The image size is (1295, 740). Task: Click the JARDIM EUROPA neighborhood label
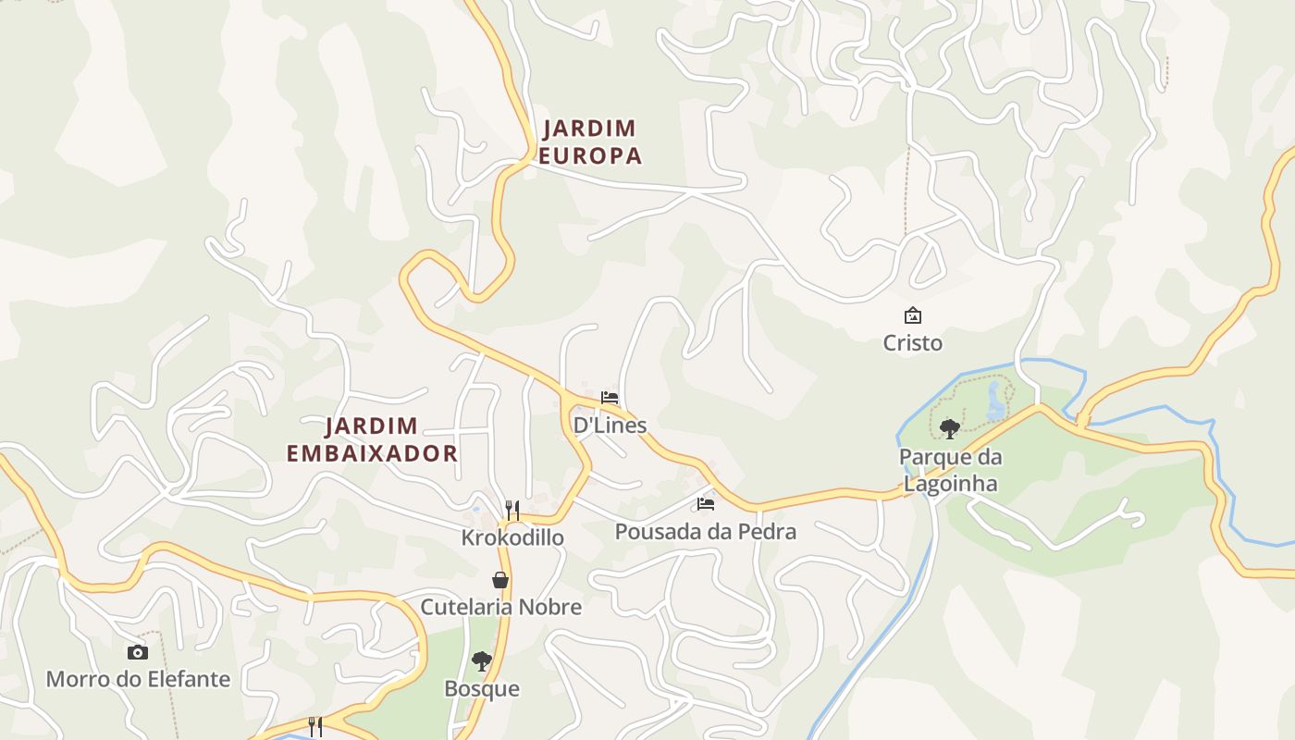pos(590,142)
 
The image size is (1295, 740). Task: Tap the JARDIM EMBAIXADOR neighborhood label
pos(372,439)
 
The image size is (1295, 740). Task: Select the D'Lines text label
pos(610,425)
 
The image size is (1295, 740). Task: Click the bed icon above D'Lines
pos(610,398)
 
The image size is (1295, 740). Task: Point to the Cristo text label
pos(912,343)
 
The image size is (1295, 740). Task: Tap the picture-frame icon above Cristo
pos(913,315)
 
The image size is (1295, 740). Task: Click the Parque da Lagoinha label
pos(950,470)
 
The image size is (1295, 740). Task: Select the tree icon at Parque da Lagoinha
pos(949,428)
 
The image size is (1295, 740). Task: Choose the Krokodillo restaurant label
pos(512,537)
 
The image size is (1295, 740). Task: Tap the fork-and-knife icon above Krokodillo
pos(512,510)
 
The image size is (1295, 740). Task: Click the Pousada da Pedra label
pos(705,532)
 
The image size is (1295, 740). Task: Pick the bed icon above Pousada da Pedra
pos(706,504)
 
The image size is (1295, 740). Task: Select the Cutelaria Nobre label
pos(500,607)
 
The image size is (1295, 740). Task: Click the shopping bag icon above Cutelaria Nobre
pos(500,580)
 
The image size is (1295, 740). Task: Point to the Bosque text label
pos(481,689)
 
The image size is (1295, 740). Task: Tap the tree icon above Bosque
pos(481,661)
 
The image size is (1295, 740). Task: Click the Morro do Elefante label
pos(138,679)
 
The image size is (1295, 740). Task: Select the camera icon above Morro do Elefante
pos(138,652)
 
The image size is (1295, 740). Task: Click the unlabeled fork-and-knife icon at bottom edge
pos(315,727)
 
